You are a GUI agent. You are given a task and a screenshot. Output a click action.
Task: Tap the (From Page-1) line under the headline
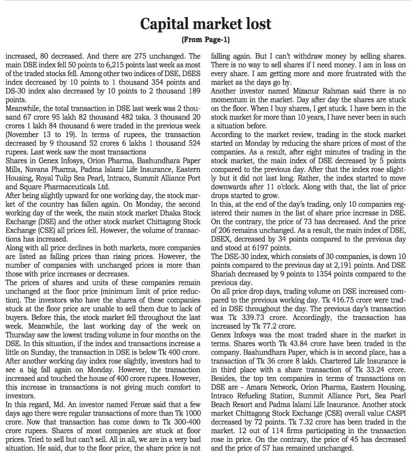point(205,39)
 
